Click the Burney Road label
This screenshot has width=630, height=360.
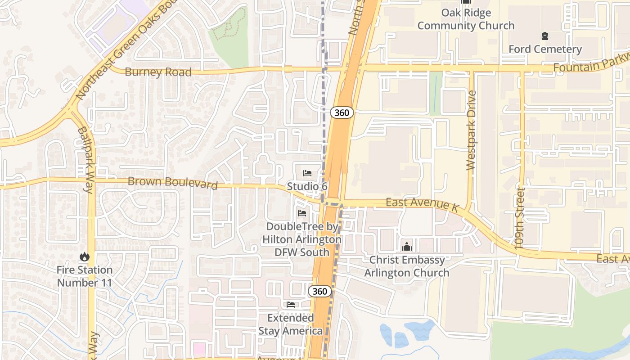tap(158, 72)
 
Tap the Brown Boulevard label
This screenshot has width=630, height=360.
tap(173, 182)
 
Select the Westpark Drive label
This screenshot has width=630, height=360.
tap(471, 130)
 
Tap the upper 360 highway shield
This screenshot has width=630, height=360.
tap(342, 112)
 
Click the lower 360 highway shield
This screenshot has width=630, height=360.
tap(319, 291)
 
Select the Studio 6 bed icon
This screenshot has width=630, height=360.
tap(307, 173)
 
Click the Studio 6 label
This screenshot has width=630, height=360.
tap(307, 186)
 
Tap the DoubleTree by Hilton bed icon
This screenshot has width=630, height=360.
tap(302, 213)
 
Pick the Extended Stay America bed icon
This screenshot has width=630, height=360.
tap(291, 305)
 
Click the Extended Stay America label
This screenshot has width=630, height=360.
tap(291, 324)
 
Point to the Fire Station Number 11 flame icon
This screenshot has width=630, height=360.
tap(84, 257)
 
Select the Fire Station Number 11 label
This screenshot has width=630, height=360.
tap(85, 276)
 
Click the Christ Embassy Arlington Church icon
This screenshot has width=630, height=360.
tap(407, 247)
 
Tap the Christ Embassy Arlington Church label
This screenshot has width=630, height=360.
tap(407, 266)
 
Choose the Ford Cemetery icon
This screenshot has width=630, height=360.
tap(545, 36)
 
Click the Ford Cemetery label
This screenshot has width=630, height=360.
tap(545, 49)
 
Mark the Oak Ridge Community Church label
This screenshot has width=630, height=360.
tap(466, 19)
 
